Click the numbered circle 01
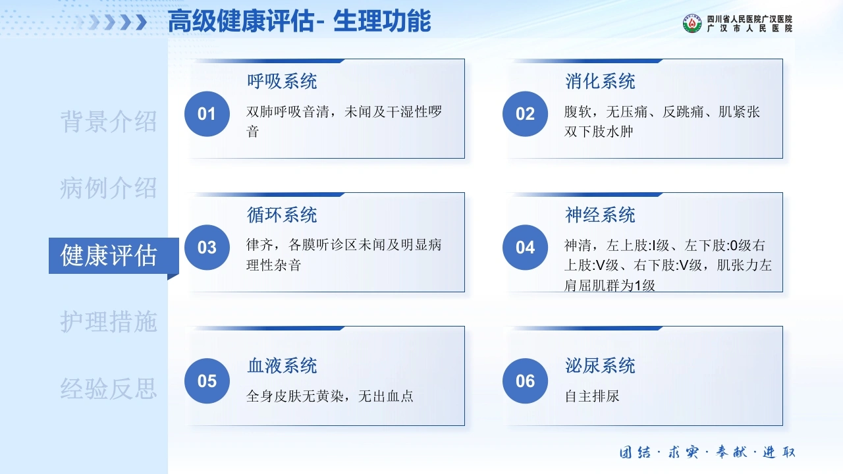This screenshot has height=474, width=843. (207, 114)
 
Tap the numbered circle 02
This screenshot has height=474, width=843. (525, 114)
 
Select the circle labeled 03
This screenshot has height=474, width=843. (207, 247)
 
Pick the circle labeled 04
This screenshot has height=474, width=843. (525, 247)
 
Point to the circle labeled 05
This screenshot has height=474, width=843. (207, 381)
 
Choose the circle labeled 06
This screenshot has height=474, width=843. (525, 381)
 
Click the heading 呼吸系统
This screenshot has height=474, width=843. (282, 81)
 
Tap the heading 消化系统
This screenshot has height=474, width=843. (600, 81)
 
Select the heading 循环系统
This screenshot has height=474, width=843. (282, 215)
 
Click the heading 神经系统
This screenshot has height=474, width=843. (600, 215)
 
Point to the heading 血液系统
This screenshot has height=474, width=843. (282, 365)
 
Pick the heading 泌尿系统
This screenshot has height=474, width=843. (600, 365)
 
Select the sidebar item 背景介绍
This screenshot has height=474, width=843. (109, 122)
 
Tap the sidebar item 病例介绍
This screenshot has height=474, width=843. (109, 188)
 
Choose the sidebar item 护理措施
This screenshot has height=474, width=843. (109, 322)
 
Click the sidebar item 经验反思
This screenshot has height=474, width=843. (109, 388)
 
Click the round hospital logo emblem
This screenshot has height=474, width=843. (692, 23)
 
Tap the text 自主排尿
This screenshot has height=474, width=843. (592, 396)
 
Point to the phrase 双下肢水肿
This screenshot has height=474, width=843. (599, 132)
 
